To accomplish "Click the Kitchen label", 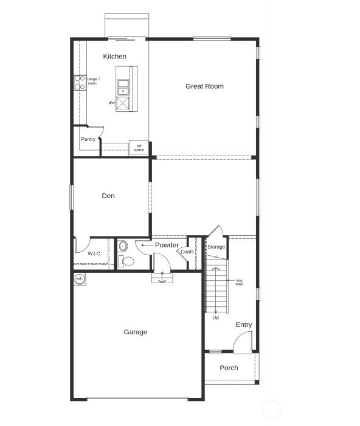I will coord(114,57).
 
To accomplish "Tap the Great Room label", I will coord(204,86).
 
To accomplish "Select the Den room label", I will coord(108,196).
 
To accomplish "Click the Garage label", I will coord(136,332).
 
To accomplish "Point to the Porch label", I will coord(229,368).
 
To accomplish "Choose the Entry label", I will coord(244,325).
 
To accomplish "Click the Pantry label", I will coord(88,139).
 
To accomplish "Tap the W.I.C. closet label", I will coord(94,254).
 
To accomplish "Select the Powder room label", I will coord(167,245).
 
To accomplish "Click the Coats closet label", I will coord(187,252).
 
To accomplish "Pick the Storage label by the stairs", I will coord(216,247).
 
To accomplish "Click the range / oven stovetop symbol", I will coord(80,83).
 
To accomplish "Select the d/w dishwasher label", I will coord(112,103).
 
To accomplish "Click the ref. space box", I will coord(139,148).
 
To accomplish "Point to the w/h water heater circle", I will coord(79,279).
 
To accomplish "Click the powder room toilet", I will coord(126,261).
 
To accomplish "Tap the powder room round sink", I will coord(123,246).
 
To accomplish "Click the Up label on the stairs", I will coord(215,317).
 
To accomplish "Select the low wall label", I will coord(240,282).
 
